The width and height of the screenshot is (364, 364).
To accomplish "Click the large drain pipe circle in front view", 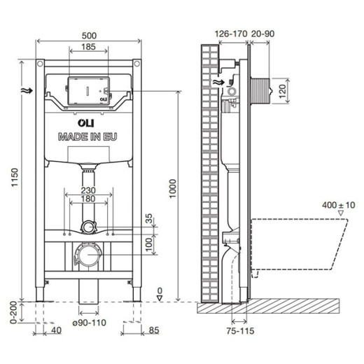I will pyautogui.click(x=87, y=255).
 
